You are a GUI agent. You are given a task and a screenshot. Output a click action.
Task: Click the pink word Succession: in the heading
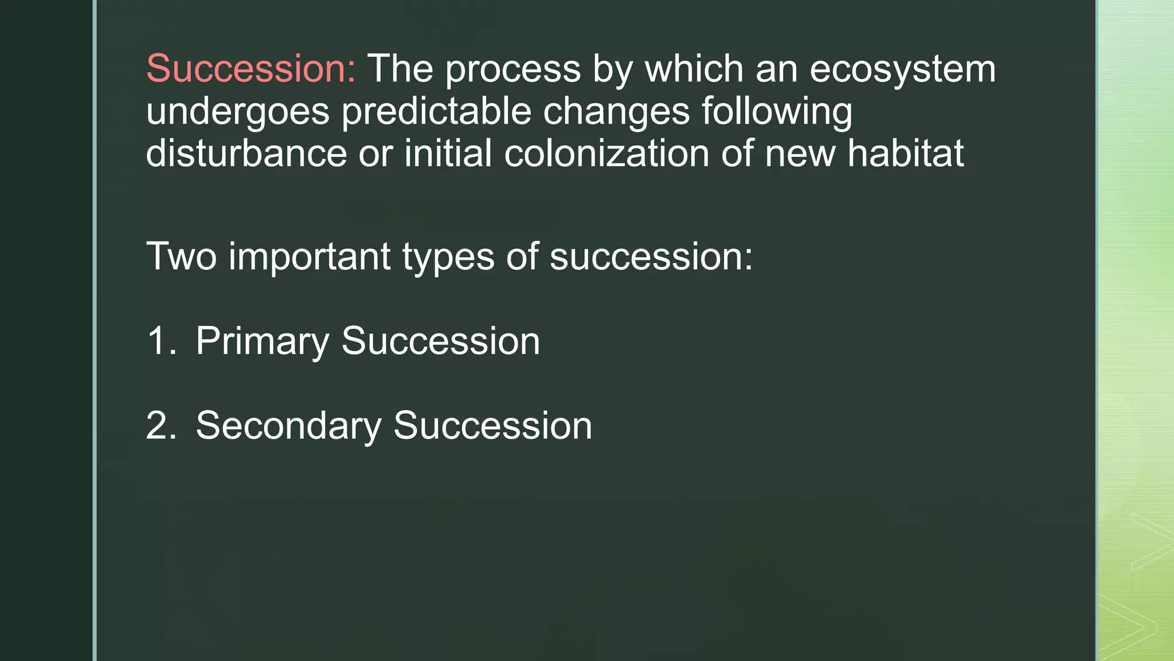(x=251, y=69)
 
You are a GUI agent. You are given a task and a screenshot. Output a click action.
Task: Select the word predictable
(x=436, y=112)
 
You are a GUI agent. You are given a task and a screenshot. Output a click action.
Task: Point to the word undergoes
(x=237, y=112)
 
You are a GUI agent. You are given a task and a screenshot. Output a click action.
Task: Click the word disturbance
(x=246, y=154)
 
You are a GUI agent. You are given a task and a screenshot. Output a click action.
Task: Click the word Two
(x=181, y=256)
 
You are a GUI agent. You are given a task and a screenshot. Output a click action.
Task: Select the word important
(x=310, y=256)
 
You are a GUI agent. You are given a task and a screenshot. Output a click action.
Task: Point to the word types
(x=448, y=257)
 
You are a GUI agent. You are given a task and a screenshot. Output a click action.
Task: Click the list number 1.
(x=161, y=341)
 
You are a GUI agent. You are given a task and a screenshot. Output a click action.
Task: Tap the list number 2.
(x=161, y=426)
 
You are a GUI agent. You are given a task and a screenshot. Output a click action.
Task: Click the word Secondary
(x=288, y=426)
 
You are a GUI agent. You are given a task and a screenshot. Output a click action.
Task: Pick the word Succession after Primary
(x=440, y=341)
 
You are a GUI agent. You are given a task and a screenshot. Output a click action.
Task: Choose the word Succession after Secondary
(x=492, y=426)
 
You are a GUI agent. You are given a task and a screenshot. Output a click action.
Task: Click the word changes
(x=616, y=112)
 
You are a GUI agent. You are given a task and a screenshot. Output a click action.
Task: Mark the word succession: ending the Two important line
(x=651, y=256)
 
